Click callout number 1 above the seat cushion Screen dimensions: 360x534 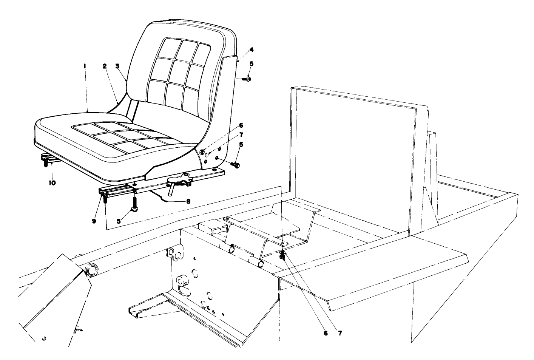[85, 66]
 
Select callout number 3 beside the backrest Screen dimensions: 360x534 [117, 66]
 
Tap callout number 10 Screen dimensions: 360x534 [52, 183]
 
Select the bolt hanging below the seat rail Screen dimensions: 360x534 [134, 205]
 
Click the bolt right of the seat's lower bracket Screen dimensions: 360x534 [236, 165]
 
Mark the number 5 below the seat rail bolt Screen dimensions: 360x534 [119, 221]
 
